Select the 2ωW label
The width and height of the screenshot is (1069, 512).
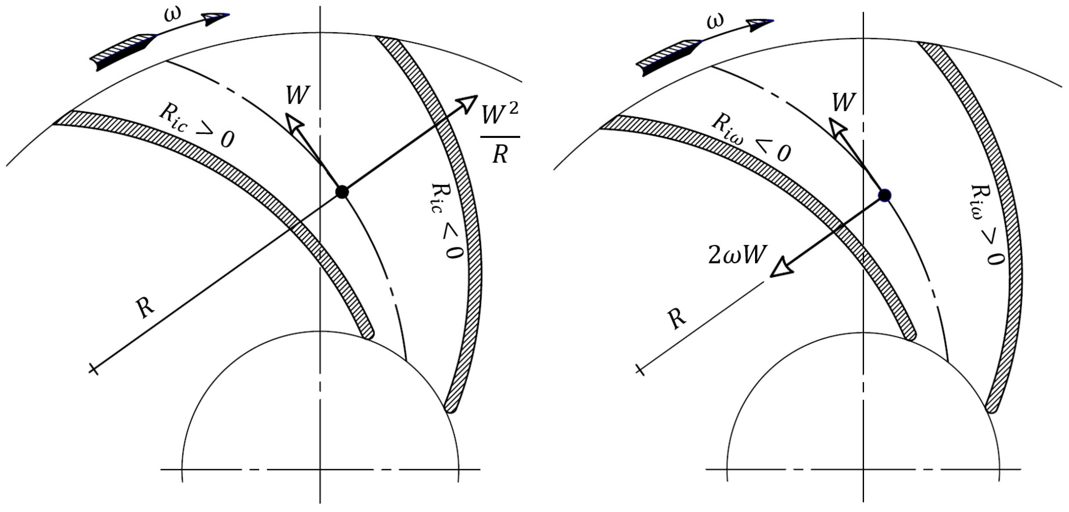[x=736, y=255]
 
